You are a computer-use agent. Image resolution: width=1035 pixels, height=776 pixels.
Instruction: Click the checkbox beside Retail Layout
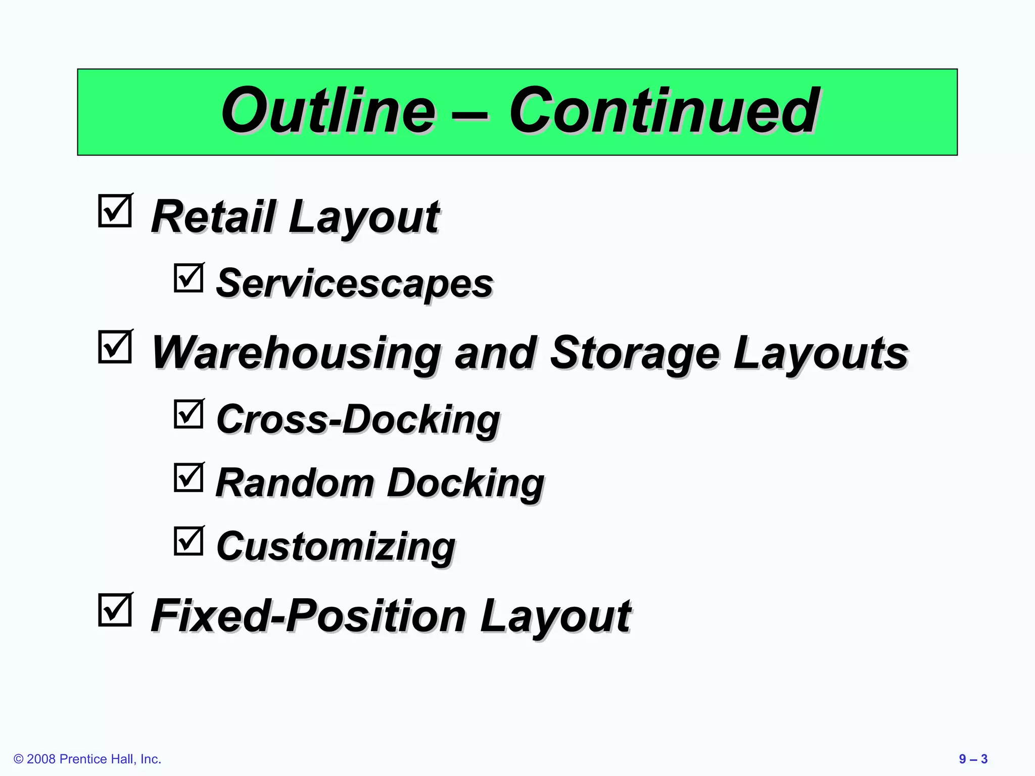[x=115, y=211]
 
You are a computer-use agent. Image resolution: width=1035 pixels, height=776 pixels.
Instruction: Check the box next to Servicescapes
[x=189, y=278]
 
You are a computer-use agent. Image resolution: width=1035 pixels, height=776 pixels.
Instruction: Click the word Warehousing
[x=296, y=353]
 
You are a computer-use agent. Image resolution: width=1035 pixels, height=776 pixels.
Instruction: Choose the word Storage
[x=635, y=353]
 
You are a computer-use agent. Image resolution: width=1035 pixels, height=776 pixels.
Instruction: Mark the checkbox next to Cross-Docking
[x=189, y=414]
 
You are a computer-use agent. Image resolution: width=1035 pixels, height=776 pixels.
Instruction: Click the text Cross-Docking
[x=358, y=420]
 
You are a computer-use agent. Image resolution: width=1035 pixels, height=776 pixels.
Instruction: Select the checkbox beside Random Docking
[x=189, y=477]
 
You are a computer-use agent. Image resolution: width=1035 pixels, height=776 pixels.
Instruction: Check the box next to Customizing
[x=189, y=541]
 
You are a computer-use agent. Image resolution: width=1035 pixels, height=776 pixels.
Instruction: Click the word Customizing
[x=336, y=547]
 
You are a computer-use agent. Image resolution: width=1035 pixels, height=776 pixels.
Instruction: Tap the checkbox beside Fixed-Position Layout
[x=115, y=610]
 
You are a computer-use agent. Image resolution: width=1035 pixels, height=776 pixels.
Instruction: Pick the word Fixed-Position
[x=308, y=616]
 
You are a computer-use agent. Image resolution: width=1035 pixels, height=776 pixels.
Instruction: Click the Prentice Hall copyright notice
[x=87, y=759]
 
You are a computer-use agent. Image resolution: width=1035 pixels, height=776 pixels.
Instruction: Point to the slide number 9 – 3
[x=973, y=759]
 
